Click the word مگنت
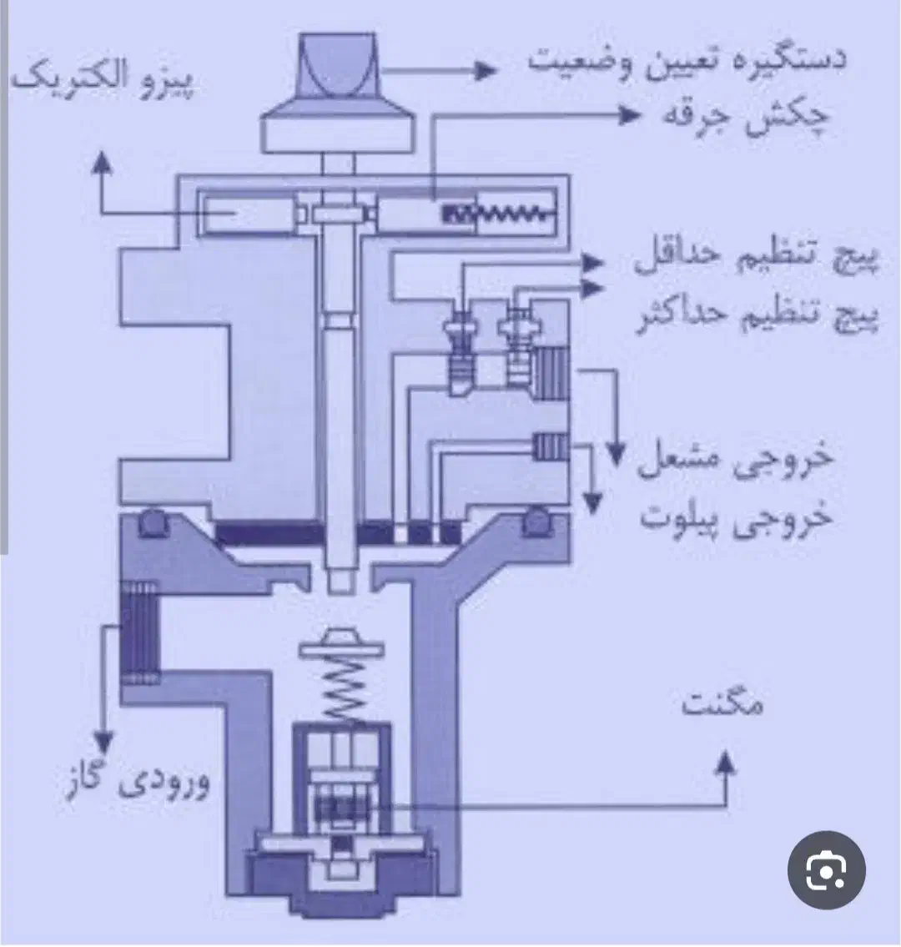click(722, 704)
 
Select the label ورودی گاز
click(138, 784)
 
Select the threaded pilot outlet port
click(550, 447)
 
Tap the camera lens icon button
click(826, 869)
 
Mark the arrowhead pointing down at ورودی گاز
click(104, 740)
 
